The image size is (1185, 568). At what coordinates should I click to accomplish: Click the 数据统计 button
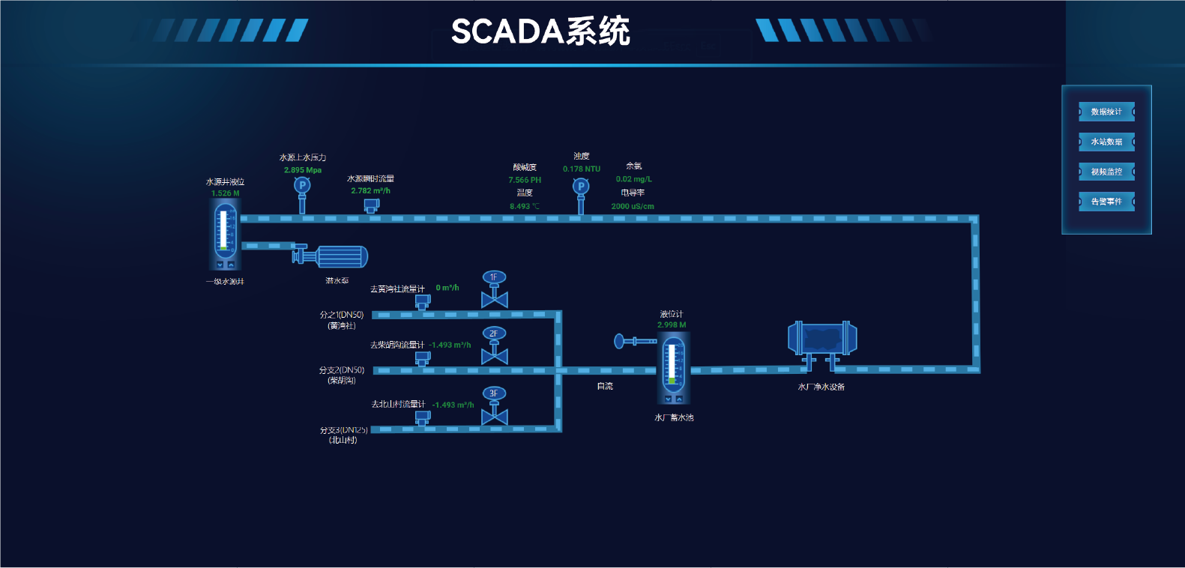coord(1106,112)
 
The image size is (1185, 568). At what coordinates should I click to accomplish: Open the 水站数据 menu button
coord(1106,142)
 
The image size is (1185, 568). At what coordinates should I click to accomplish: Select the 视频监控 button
coord(1106,172)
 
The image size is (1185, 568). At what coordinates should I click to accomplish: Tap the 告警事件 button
coord(1106,202)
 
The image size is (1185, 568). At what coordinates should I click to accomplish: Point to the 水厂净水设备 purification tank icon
coord(822,340)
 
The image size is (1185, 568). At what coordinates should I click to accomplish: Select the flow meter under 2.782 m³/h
coord(371,205)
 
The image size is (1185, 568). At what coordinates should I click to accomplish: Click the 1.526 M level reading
coord(226,193)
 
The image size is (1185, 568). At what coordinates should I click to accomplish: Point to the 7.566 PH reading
coord(525,180)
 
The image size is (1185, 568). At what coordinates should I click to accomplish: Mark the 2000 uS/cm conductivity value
coord(633,206)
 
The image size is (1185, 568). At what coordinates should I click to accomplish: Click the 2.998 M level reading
coord(672,325)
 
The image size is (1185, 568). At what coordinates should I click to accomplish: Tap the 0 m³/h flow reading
coord(447,288)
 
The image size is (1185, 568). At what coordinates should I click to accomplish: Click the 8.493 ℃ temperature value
coord(524,206)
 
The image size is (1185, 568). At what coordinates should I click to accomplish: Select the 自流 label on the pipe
coord(605,386)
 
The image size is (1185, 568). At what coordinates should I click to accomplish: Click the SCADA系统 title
coord(540,31)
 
